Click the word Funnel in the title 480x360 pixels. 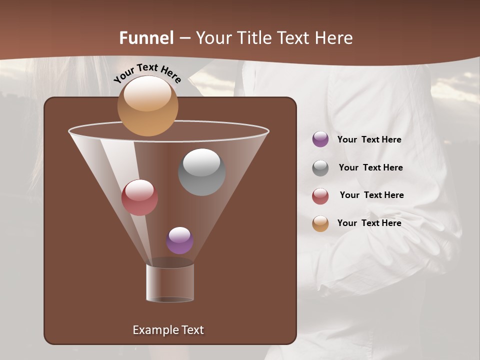(x=146, y=38)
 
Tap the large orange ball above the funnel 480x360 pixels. (x=147, y=106)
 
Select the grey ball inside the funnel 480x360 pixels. (x=202, y=172)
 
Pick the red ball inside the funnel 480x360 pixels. (x=140, y=197)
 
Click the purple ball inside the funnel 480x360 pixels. (x=180, y=240)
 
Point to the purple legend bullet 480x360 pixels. (x=320, y=139)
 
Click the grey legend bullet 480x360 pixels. (x=320, y=168)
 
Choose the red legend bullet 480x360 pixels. (x=320, y=196)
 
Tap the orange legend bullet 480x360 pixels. (x=320, y=223)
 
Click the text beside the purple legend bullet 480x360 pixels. (x=369, y=139)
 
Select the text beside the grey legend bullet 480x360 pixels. (x=370, y=167)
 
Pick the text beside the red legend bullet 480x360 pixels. (x=371, y=195)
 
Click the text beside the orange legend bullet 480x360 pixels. (x=369, y=223)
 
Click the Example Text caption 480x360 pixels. (x=168, y=330)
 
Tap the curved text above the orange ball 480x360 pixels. (x=147, y=73)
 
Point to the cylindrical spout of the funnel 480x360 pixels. (x=170, y=283)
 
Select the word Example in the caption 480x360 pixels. (x=152, y=330)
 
